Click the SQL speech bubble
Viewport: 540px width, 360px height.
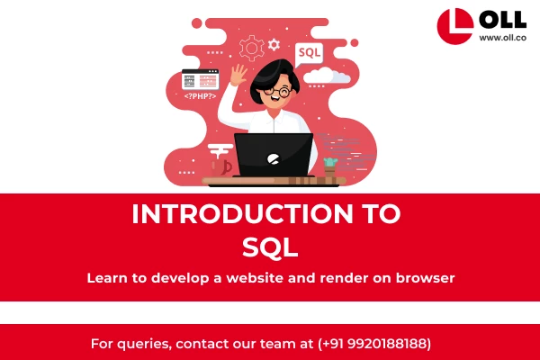tap(309, 53)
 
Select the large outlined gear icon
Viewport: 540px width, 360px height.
tap(250, 47)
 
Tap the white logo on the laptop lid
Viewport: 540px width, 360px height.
tap(274, 158)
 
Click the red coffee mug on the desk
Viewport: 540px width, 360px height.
tap(219, 166)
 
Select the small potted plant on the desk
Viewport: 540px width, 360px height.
tap(330, 166)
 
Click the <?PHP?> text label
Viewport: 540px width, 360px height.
tap(201, 95)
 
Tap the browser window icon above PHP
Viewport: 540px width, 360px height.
tap(200, 79)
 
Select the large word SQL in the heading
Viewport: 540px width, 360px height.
tap(270, 246)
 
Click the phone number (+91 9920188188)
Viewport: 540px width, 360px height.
tap(374, 344)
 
